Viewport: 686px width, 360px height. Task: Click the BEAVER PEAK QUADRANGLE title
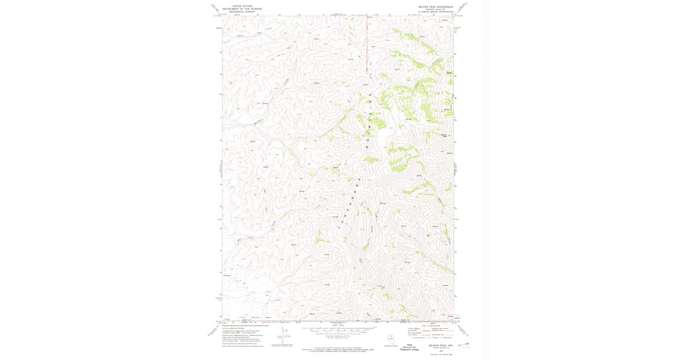pos(436,7)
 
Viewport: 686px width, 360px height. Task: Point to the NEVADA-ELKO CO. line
pos(436,9)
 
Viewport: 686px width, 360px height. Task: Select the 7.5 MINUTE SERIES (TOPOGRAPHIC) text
pos(436,11)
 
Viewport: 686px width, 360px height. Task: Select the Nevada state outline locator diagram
pos(390,338)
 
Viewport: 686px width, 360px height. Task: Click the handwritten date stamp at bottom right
pos(462,345)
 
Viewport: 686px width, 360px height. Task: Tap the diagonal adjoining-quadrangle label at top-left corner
pos(215,8)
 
